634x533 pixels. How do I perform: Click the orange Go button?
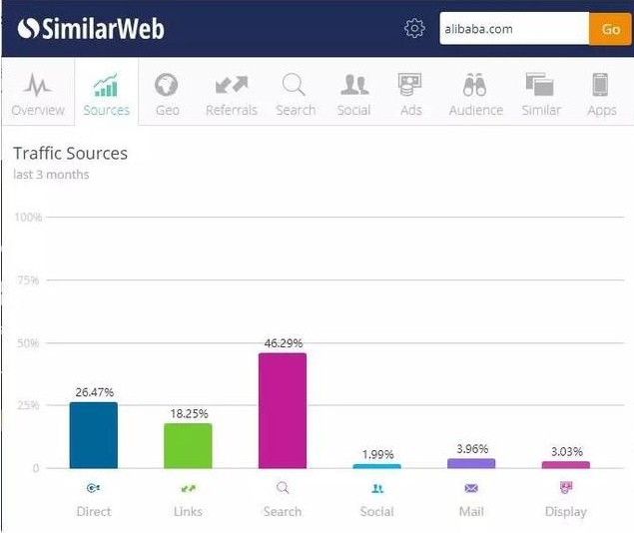coord(610,29)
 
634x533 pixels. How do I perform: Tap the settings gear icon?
coord(414,29)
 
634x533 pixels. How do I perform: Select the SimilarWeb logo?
coord(91,29)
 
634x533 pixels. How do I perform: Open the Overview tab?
coord(38,94)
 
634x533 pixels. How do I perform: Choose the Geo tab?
coord(167,94)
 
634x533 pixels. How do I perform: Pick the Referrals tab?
coord(231,94)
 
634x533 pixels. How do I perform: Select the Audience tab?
coord(475,94)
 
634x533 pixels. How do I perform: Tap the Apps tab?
coord(601,94)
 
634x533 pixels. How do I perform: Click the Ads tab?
coord(410,94)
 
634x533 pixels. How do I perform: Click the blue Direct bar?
coord(93,435)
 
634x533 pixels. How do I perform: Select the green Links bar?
coord(188,446)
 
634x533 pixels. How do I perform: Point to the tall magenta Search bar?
coord(283,410)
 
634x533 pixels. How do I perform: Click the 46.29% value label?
coord(283,343)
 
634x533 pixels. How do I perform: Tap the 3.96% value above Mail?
coord(471,449)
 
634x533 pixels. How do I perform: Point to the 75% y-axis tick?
coord(27,280)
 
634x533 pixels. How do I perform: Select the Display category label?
coord(566,511)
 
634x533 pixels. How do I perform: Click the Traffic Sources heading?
coord(70,154)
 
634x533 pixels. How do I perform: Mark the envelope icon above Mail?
coord(471,488)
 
